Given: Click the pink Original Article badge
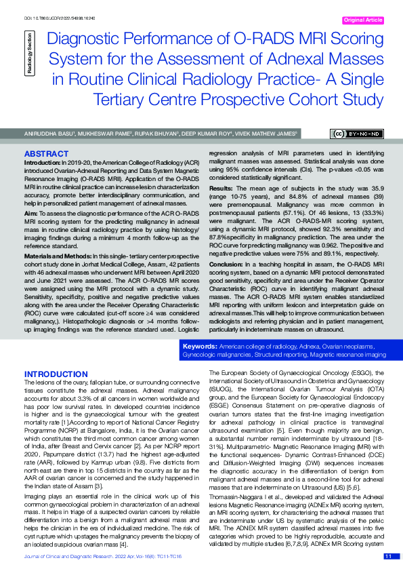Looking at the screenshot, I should (x=364, y=21).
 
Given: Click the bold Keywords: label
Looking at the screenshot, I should (x=200, y=347).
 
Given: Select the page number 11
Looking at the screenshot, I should (x=388, y=555).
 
